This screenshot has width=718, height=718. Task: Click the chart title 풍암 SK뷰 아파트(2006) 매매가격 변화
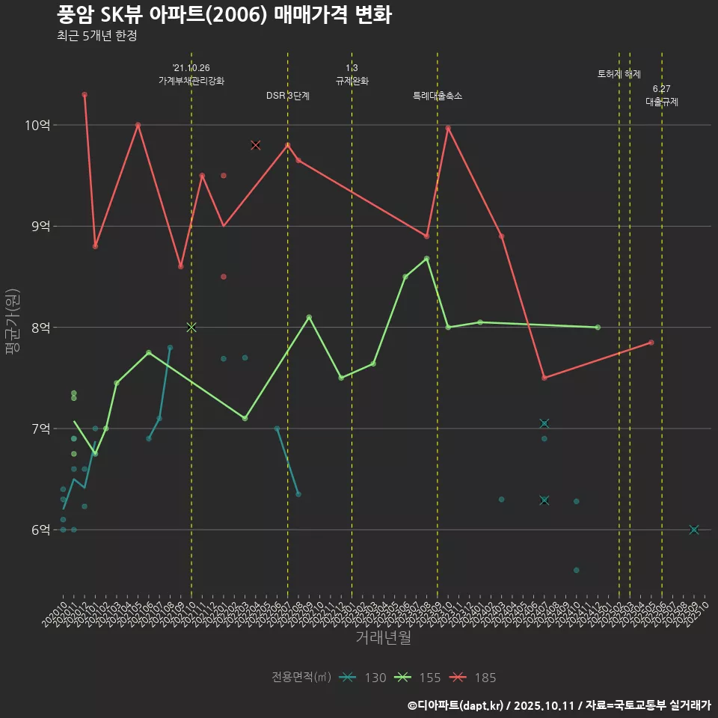click(x=224, y=15)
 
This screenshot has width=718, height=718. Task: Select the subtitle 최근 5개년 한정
click(x=96, y=36)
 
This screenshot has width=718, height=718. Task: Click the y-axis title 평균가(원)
click(x=13, y=325)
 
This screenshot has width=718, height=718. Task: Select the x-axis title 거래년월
click(x=383, y=638)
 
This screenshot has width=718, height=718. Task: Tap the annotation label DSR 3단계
click(x=288, y=96)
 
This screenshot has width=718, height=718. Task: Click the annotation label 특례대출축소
click(x=438, y=96)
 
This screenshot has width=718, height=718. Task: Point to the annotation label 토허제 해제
click(x=619, y=74)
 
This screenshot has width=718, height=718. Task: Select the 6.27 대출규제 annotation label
click(x=662, y=96)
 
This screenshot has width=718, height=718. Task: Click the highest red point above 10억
click(x=85, y=94)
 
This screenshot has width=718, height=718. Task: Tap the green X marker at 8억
click(x=191, y=327)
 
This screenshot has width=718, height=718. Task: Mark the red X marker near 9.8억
click(x=256, y=145)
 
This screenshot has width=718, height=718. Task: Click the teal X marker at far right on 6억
click(x=694, y=530)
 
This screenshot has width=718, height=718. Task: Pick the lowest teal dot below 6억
click(x=576, y=570)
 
